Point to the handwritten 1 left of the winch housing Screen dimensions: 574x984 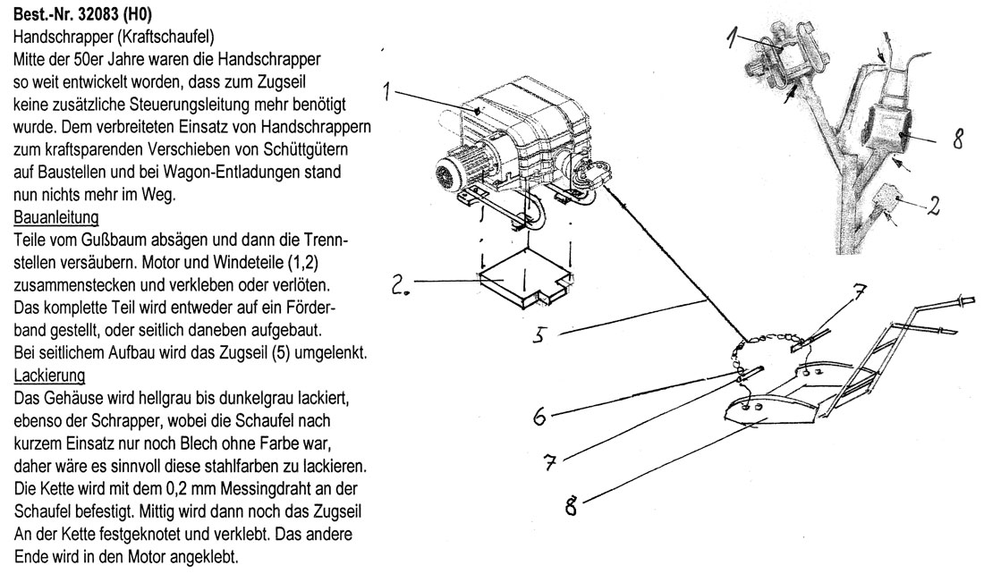click(386, 90)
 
